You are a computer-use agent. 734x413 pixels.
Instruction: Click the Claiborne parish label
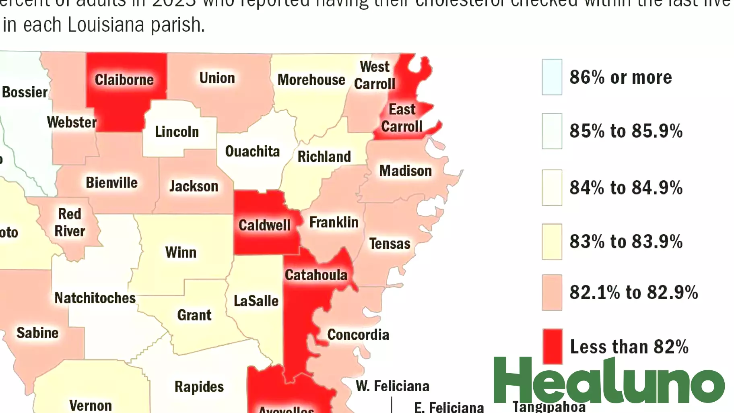pos(124,80)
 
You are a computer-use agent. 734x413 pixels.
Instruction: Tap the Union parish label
pos(217,78)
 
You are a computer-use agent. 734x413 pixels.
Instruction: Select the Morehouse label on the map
pos(311,80)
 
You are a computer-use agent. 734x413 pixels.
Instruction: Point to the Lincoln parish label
pos(177,132)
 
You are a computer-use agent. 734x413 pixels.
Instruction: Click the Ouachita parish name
pos(252,151)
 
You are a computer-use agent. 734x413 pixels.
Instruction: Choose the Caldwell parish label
pos(264,225)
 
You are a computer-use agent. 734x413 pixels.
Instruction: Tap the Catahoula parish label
pos(316,275)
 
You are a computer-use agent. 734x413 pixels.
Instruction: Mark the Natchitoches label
pos(95,298)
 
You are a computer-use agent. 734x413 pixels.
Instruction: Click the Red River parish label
pos(70,223)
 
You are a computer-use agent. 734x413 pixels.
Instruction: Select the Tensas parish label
pos(390,244)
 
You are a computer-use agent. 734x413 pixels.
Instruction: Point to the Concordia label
pos(358,335)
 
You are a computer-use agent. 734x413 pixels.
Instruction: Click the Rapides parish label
pos(199,386)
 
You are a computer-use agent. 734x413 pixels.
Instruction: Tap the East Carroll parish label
pos(402,118)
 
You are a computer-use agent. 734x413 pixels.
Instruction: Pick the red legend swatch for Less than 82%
pos(552,347)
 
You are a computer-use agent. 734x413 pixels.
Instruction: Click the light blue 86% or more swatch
pos(552,77)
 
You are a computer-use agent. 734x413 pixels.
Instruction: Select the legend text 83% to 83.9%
pos(626,242)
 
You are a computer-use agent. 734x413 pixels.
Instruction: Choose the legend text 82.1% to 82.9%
pos(633,292)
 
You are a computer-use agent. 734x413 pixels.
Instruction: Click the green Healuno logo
pos(608,380)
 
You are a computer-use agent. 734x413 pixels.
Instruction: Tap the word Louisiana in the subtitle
pos(106,25)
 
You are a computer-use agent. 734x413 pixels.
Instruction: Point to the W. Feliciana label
pos(392,386)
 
